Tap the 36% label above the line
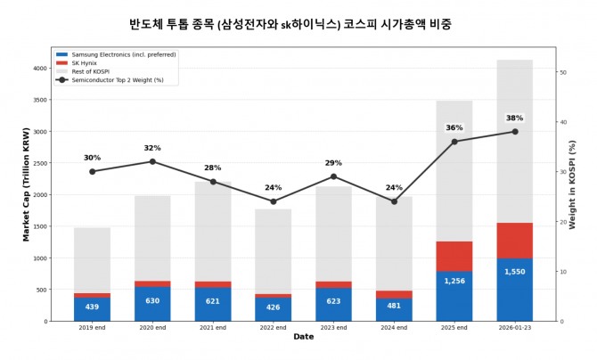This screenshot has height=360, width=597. click(x=454, y=128)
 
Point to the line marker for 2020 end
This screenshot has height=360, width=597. click(x=152, y=161)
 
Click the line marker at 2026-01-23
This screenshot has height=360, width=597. click(x=515, y=132)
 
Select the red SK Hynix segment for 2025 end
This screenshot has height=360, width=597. click(x=454, y=256)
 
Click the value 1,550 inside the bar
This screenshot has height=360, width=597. click(x=515, y=272)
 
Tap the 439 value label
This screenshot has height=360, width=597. click(x=92, y=307)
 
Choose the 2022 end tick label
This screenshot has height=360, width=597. click(x=273, y=328)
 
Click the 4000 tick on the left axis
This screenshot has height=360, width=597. click(x=40, y=68)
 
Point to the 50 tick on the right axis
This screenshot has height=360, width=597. click(x=561, y=72)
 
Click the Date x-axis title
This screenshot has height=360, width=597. click(x=304, y=337)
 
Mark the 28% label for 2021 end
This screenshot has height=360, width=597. click(x=213, y=168)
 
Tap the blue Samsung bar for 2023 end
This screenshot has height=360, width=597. click(x=333, y=304)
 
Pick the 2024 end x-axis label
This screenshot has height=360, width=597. click(x=394, y=328)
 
